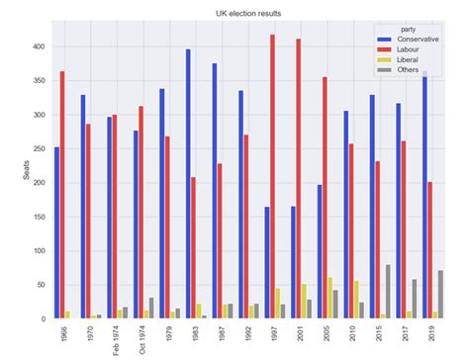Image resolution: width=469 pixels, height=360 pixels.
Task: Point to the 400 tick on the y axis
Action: [37, 46]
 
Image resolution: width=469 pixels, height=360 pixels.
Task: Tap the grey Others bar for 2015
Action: [388, 292]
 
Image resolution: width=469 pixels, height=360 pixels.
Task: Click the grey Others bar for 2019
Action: [440, 295]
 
